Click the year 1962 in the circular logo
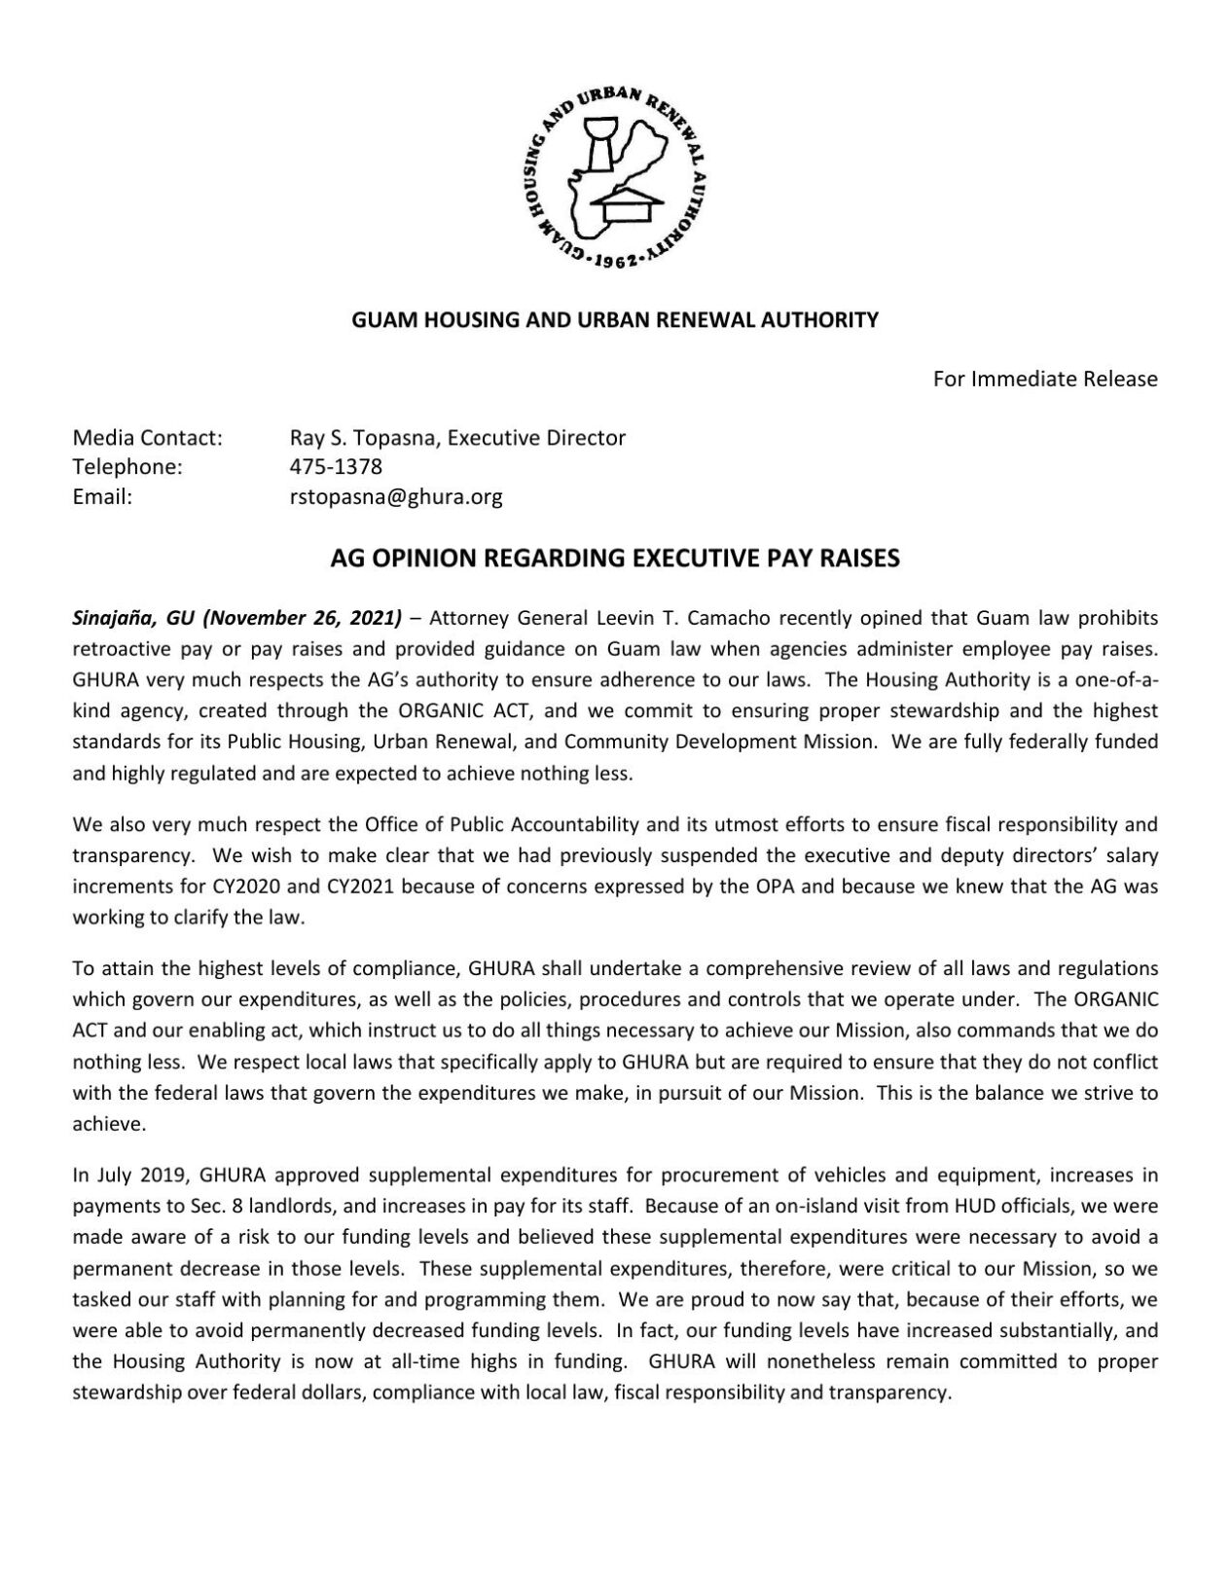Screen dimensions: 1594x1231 (614, 261)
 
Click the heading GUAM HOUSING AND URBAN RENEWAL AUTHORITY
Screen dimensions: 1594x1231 (614, 319)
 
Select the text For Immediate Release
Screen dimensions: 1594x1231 (1044, 379)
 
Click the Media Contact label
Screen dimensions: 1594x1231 (148, 438)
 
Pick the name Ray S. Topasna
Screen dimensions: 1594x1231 (356, 438)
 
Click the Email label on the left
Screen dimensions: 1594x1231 (102, 497)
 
